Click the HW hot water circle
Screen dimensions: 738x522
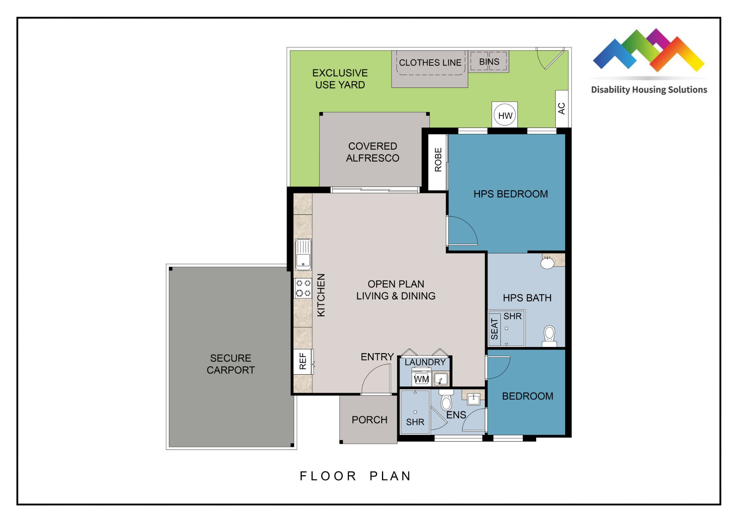(504, 115)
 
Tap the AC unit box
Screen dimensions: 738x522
(562, 108)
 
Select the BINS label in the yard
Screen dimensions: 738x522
(489, 62)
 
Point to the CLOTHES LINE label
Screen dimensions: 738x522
(430, 63)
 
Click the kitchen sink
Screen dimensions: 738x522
(303, 254)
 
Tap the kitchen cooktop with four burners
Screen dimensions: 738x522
(303, 288)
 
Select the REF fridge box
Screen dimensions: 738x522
(303, 362)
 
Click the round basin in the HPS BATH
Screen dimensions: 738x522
(547, 263)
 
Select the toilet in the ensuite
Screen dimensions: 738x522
(446, 400)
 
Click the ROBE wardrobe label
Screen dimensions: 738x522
(438, 160)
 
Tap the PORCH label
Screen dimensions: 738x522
(369, 420)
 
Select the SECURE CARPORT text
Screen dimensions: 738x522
(231, 364)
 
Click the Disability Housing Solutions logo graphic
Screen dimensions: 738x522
(649, 50)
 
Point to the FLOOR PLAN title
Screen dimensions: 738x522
(355, 476)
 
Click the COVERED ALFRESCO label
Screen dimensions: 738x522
(373, 152)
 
